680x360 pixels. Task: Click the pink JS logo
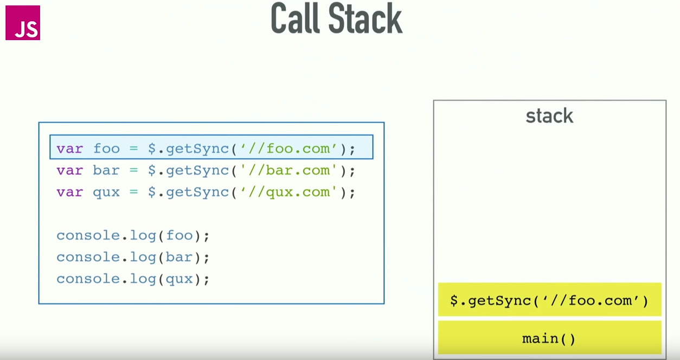23,23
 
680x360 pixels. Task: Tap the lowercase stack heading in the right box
549,115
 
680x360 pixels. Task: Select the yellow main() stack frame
549,338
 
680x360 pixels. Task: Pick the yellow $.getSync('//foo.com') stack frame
549,300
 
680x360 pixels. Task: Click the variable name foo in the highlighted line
106,148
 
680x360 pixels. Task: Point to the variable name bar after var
106,170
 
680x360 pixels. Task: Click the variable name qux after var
106,192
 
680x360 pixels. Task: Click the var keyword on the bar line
69,170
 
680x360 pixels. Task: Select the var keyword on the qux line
69,192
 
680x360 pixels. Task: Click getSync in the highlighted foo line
197,148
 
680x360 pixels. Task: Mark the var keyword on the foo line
69,148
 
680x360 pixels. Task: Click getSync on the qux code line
197,192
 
